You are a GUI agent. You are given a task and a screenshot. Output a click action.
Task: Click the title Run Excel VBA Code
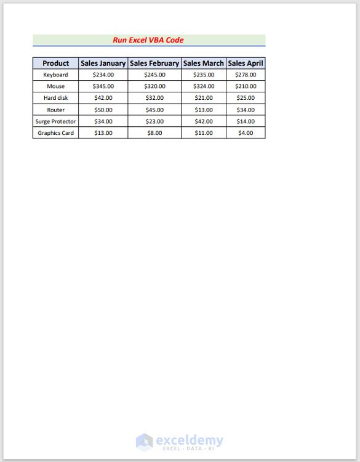click(148, 40)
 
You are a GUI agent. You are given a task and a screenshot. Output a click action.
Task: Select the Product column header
click(55, 63)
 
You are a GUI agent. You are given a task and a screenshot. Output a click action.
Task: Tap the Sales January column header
click(103, 63)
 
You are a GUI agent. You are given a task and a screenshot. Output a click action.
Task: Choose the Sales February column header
click(154, 63)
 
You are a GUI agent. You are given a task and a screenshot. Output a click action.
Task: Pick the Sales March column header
click(204, 63)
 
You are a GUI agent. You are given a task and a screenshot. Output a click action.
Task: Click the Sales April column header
click(246, 63)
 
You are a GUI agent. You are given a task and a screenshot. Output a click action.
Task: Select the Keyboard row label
click(55, 75)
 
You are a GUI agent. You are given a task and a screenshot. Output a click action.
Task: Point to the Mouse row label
click(55, 86)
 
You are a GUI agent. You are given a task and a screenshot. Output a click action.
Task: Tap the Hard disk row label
click(55, 98)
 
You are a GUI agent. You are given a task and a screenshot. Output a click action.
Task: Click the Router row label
click(55, 110)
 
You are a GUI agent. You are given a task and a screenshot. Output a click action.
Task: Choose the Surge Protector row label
click(55, 121)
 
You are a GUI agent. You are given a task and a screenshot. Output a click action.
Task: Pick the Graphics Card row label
click(55, 133)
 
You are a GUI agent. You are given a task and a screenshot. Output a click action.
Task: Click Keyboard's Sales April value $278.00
click(246, 75)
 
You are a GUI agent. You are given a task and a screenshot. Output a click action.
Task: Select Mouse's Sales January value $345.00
click(103, 86)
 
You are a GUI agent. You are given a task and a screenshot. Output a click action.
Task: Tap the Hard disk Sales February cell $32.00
click(154, 98)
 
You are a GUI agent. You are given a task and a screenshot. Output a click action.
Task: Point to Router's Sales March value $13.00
click(204, 110)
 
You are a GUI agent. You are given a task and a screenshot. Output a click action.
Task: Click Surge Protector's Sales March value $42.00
click(204, 121)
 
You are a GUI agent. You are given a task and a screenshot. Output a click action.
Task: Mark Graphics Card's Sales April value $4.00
click(246, 133)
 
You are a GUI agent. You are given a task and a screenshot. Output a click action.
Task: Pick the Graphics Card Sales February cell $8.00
click(154, 133)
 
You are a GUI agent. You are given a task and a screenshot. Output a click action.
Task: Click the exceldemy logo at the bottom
click(180, 442)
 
